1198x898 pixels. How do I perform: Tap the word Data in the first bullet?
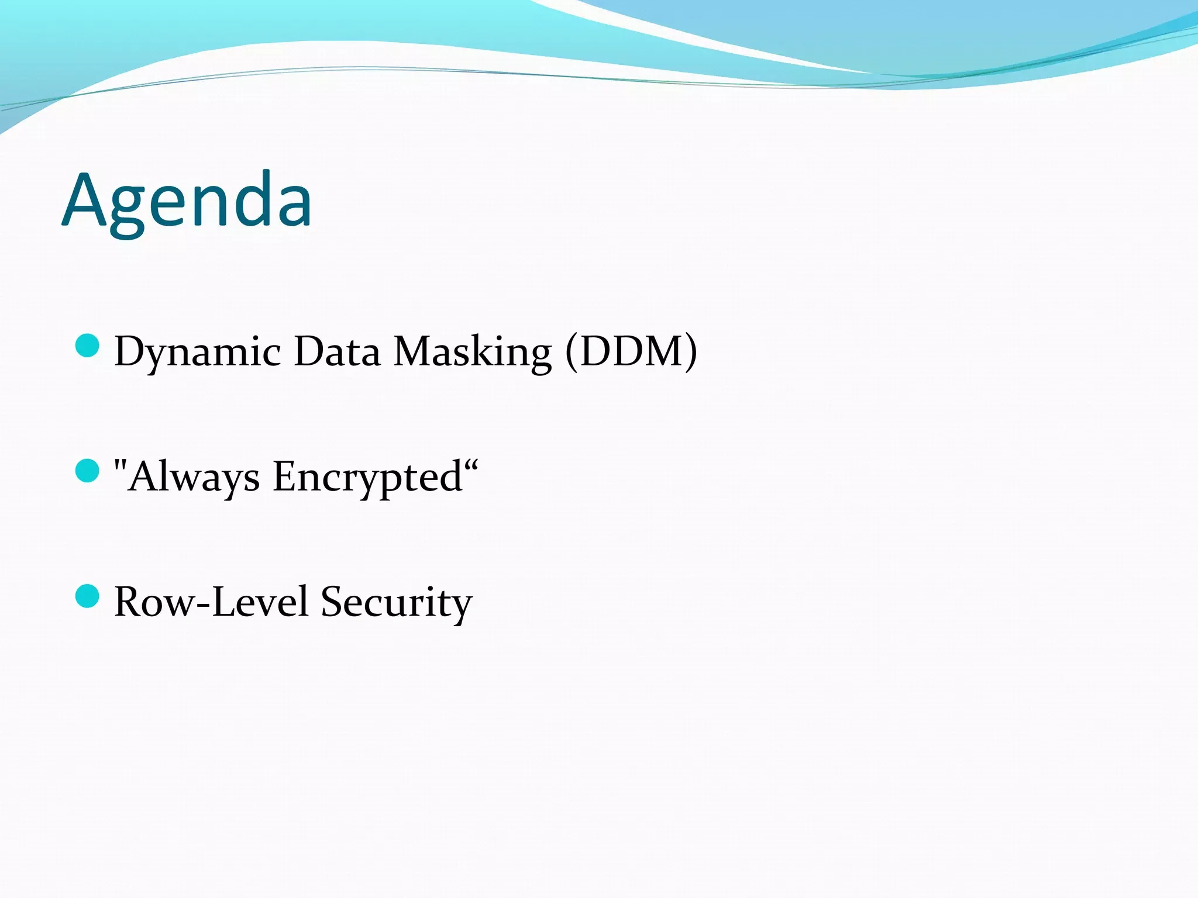coord(337,351)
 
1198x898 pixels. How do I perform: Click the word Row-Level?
coord(211,602)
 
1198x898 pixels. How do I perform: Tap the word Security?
coord(396,602)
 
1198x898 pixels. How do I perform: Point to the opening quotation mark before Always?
coord(121,467)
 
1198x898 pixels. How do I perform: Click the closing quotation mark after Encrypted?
coord(472,466)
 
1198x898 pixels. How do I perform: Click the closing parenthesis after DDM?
coord(690,351)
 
